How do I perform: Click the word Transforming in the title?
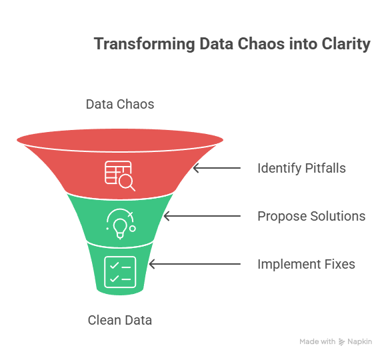pyautogui.click(x=145, y=44)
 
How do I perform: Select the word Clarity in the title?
pyautogui.click(x=346, y=44)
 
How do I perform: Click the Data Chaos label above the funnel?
pyautogui.click(x=120, y=104)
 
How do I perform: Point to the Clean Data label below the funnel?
pyautogui.click(x=120, y=320)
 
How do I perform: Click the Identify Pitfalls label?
pyautogui.click(x=301, y=168)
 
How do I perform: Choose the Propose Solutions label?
pyautogui.click(x=311, y=216)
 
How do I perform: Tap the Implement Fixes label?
pyautogui.click(x=306, y=264)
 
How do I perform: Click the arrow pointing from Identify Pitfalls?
pyautogui.click(x=217, y=168)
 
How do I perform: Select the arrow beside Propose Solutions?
pyautogui.click(x=202, y=216)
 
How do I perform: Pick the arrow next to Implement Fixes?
pyautogui.click(x=195, y=264)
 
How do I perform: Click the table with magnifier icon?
pyautogui.click(x=120, y=176)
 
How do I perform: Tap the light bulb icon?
pyautogui.click(x=121, y=224)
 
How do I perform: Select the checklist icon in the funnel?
pyautogui.click(x=120, y=272)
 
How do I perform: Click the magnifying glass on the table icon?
pyautogui.click(x=127, y=183)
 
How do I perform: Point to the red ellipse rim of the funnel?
pyautogui.click(x=120, y=140)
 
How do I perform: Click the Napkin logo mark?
pyautogui.click(x=341, y=342)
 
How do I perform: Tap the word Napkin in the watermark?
pyautogui.click(x=359, y=342)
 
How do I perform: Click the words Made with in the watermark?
pyautogui.click(x=317, y=342)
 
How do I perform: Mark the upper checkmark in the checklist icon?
pyautogui.click(x=114, y=266)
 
